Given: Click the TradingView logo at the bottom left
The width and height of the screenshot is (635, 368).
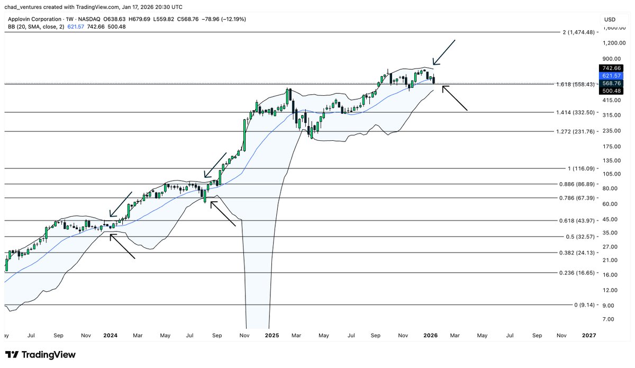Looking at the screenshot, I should click(x=40, y=355).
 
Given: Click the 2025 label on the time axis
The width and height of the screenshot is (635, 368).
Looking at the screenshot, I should click(x=272, y=335).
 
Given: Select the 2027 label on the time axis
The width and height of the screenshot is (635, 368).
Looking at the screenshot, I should click(x=588, y=335).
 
